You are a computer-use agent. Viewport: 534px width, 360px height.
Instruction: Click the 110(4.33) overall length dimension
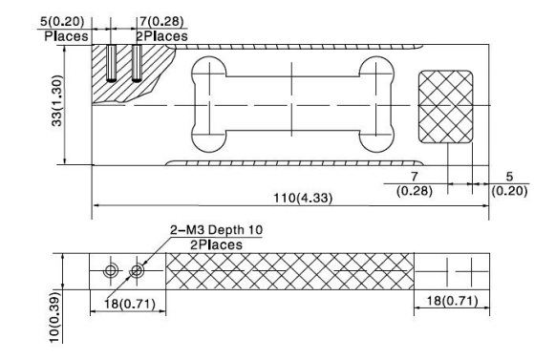click(303, 198)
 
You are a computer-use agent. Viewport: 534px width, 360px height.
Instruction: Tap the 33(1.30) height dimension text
click(57, 101)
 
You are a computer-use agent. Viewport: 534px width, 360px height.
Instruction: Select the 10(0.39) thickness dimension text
click(54, 317)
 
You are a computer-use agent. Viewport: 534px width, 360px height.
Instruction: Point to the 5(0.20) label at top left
click(62, 21)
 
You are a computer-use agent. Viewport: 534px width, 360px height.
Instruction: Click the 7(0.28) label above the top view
click(161, 21)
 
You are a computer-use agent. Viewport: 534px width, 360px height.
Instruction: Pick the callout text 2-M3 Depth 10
click(216, 230)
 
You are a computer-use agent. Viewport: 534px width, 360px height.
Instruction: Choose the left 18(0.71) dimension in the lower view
click(130, 303)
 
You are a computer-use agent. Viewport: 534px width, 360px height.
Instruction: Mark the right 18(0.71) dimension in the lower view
click(452, 301)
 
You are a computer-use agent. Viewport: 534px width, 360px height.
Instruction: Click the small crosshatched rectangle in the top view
click(446, 107)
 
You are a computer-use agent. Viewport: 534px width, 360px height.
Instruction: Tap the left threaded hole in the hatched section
click(111, 63)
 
